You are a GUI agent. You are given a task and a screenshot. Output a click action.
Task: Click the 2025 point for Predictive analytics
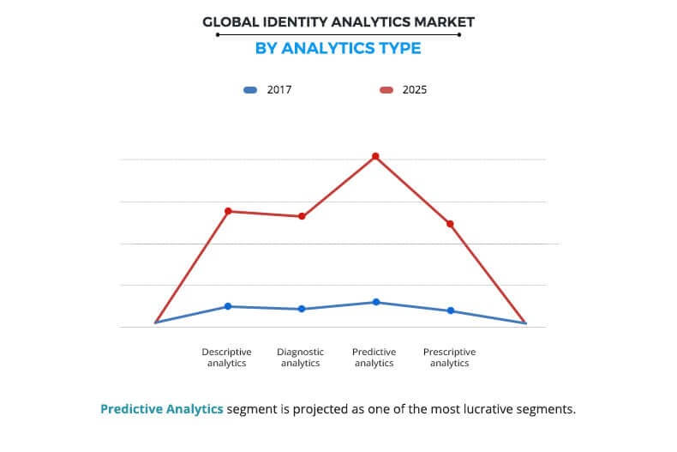[x=375, y=156]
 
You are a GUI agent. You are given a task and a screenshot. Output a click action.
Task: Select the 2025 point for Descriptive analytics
[x=228, y=211]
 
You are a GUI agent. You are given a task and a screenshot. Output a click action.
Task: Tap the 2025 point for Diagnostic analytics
[x=302, y=216]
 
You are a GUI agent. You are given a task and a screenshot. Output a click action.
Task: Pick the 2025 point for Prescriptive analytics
[x=450, y=224]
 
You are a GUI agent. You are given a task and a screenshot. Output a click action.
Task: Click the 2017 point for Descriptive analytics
[x=228, y=306]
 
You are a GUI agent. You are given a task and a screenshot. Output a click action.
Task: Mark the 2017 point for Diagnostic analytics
[x=302, y=309]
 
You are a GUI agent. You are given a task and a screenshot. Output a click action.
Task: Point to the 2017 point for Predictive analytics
[x=375, y=302]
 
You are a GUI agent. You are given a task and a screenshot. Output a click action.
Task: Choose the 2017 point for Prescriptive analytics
[x=450, y=310]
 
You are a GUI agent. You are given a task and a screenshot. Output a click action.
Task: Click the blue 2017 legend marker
[x=250, y=89]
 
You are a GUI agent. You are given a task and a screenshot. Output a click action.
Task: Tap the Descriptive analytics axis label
[x=227, y=358]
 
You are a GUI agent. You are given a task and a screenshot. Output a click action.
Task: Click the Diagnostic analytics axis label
[x=301, y=358]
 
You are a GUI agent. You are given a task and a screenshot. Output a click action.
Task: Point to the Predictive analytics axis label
[x=374, y=358]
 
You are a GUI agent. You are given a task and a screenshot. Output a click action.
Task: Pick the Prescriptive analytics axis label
[x=449, y=358]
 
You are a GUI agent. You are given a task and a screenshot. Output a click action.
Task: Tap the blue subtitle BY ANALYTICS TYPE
[x=338, y=48]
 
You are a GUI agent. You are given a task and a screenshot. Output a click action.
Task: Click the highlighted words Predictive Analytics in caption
[x=162, y=408]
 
